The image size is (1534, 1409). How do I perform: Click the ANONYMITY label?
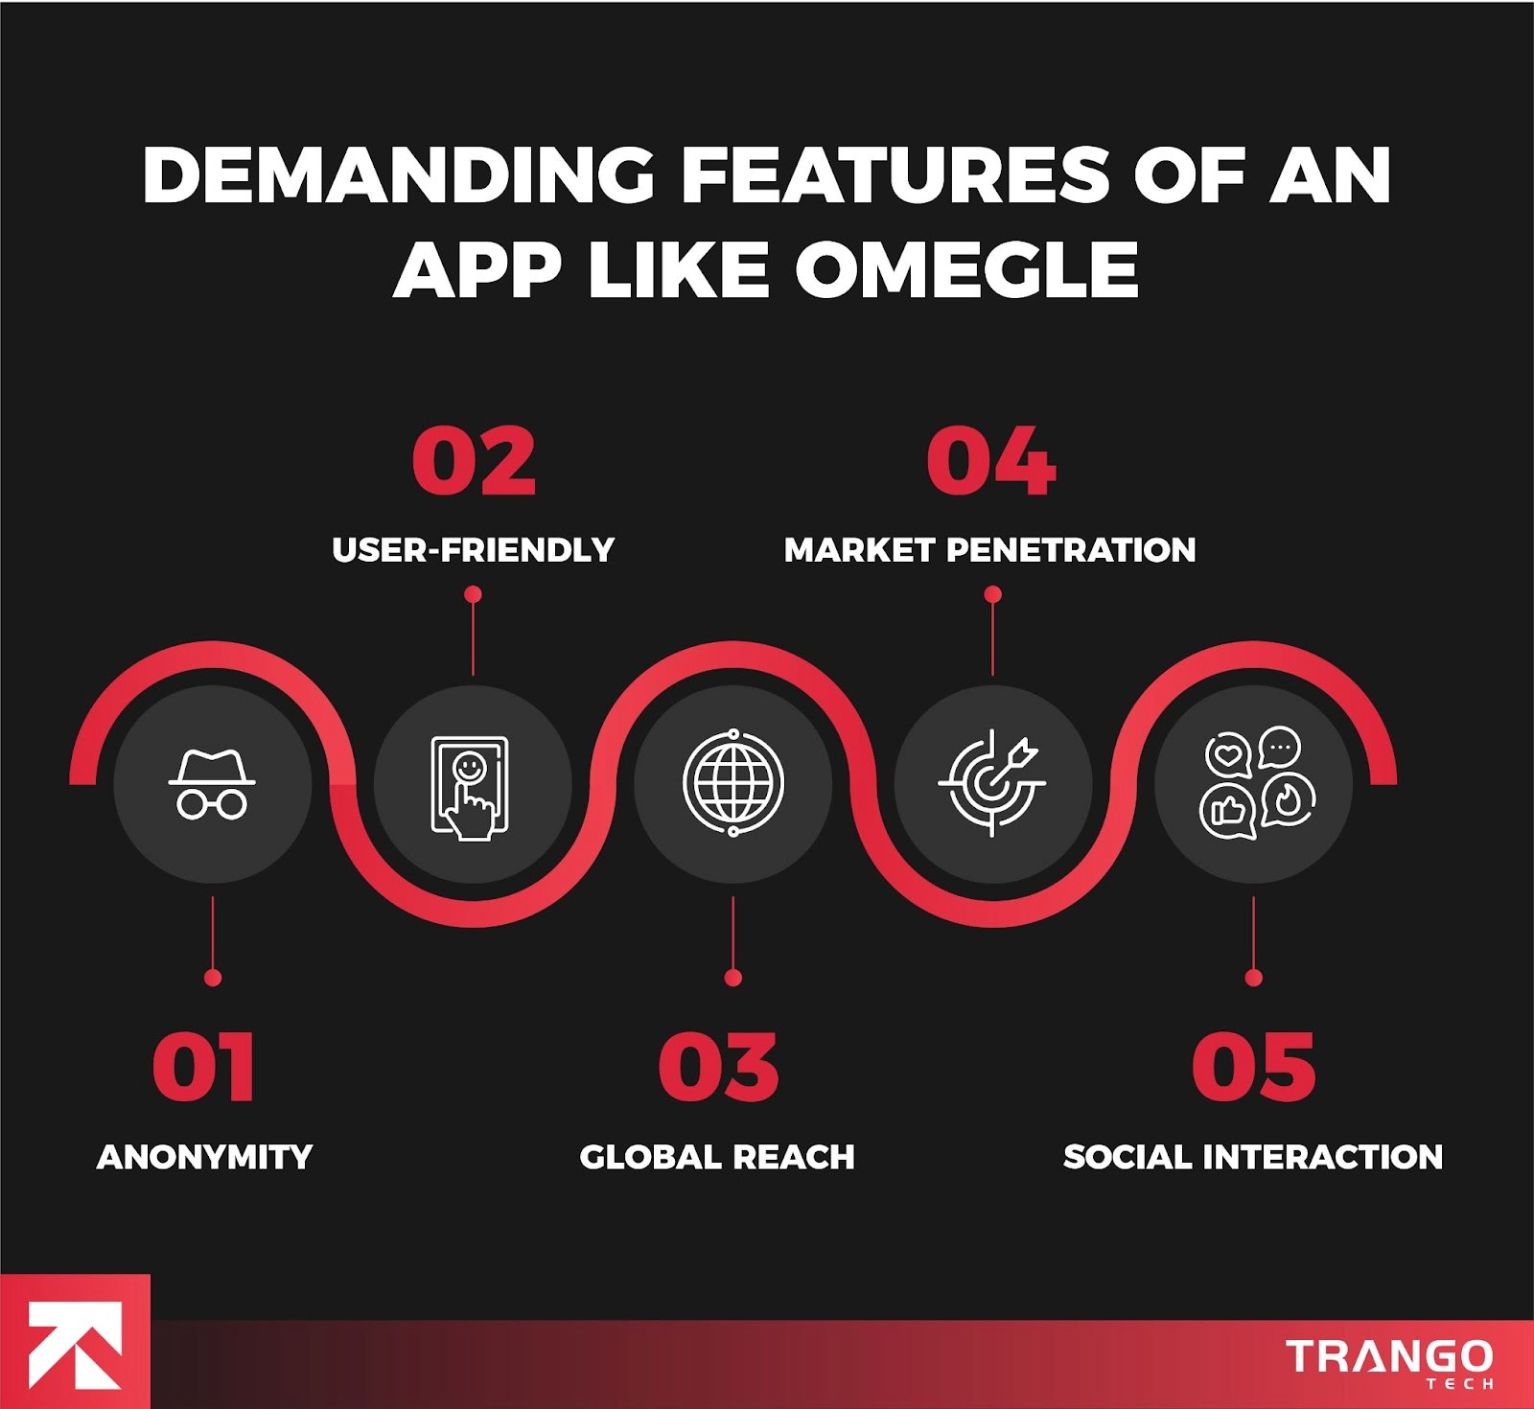[204, 1157]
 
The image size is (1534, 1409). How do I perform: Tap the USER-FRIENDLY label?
[473, 549]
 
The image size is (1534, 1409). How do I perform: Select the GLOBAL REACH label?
[717, 1157]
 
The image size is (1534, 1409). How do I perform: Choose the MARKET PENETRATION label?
[990, 549]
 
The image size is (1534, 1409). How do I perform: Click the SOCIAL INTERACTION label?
[1253, 1157]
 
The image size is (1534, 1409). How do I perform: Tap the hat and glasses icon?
[212, 784]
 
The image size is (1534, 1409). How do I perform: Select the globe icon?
[733, 783]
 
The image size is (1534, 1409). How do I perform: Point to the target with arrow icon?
[992, 783]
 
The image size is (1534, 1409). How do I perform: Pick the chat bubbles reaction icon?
[1257, 783]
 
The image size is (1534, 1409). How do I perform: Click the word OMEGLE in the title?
[966, 269]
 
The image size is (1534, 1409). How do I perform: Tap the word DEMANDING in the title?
[398, 175]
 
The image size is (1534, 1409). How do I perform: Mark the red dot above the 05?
[1253, 978]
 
